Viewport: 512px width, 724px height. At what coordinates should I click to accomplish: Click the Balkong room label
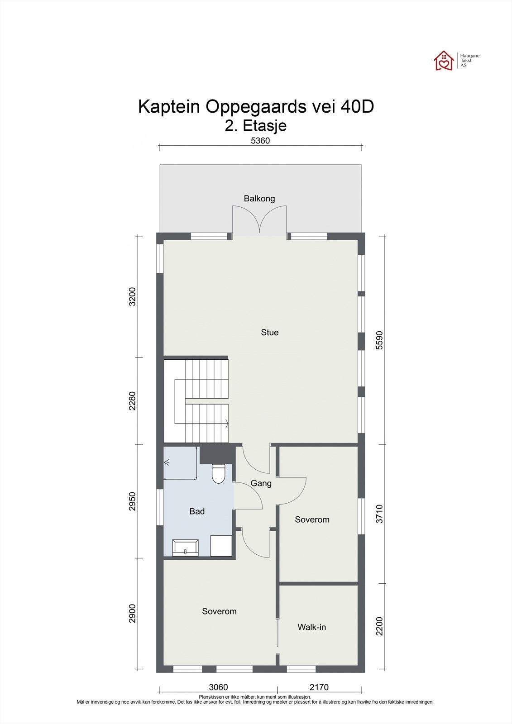coord(259,199)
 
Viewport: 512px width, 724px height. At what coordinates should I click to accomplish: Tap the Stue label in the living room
coord(270,333)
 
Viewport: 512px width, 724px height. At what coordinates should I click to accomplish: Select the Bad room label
coord(197,511)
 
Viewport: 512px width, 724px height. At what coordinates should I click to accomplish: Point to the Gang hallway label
coord(261,483)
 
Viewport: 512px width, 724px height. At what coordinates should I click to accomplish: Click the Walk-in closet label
coord(311,627)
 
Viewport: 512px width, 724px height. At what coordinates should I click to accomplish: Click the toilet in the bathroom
coord(218,473)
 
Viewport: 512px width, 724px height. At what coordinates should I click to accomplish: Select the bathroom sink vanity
coord(185,548)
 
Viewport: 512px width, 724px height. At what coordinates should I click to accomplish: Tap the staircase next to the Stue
coord(201,400)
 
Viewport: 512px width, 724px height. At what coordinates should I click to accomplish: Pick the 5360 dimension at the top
coord(260,141)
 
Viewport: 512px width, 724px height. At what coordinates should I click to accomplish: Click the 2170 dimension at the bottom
coord(319,687)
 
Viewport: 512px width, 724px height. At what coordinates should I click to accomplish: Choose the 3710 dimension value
coord(379,514)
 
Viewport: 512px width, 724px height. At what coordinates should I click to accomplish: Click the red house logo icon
coord(444,60)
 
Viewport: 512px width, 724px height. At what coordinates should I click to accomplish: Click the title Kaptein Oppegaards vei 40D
coord(256,107)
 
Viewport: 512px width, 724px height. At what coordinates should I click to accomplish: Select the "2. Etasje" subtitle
coord(256,125)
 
